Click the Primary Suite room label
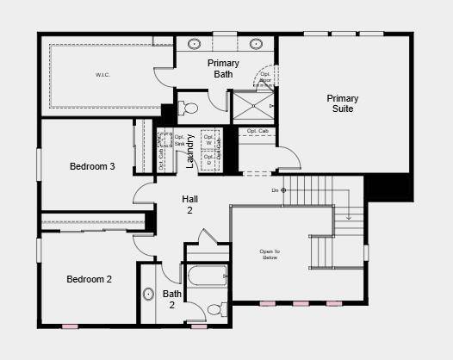pos(343,103)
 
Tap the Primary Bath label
pos(223,69)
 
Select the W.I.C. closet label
pos(103,75)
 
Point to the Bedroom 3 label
pos(92,165)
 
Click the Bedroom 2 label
pos(90,278)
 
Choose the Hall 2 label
pos(189,205)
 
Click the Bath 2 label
pos(171,299)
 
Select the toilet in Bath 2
pos(214,308)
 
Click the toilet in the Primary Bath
pos(189,109)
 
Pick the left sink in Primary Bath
pos(195,43)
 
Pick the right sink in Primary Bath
pos(256,43)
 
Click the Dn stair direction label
pos(275,189)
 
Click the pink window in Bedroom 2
pos(70,326)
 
